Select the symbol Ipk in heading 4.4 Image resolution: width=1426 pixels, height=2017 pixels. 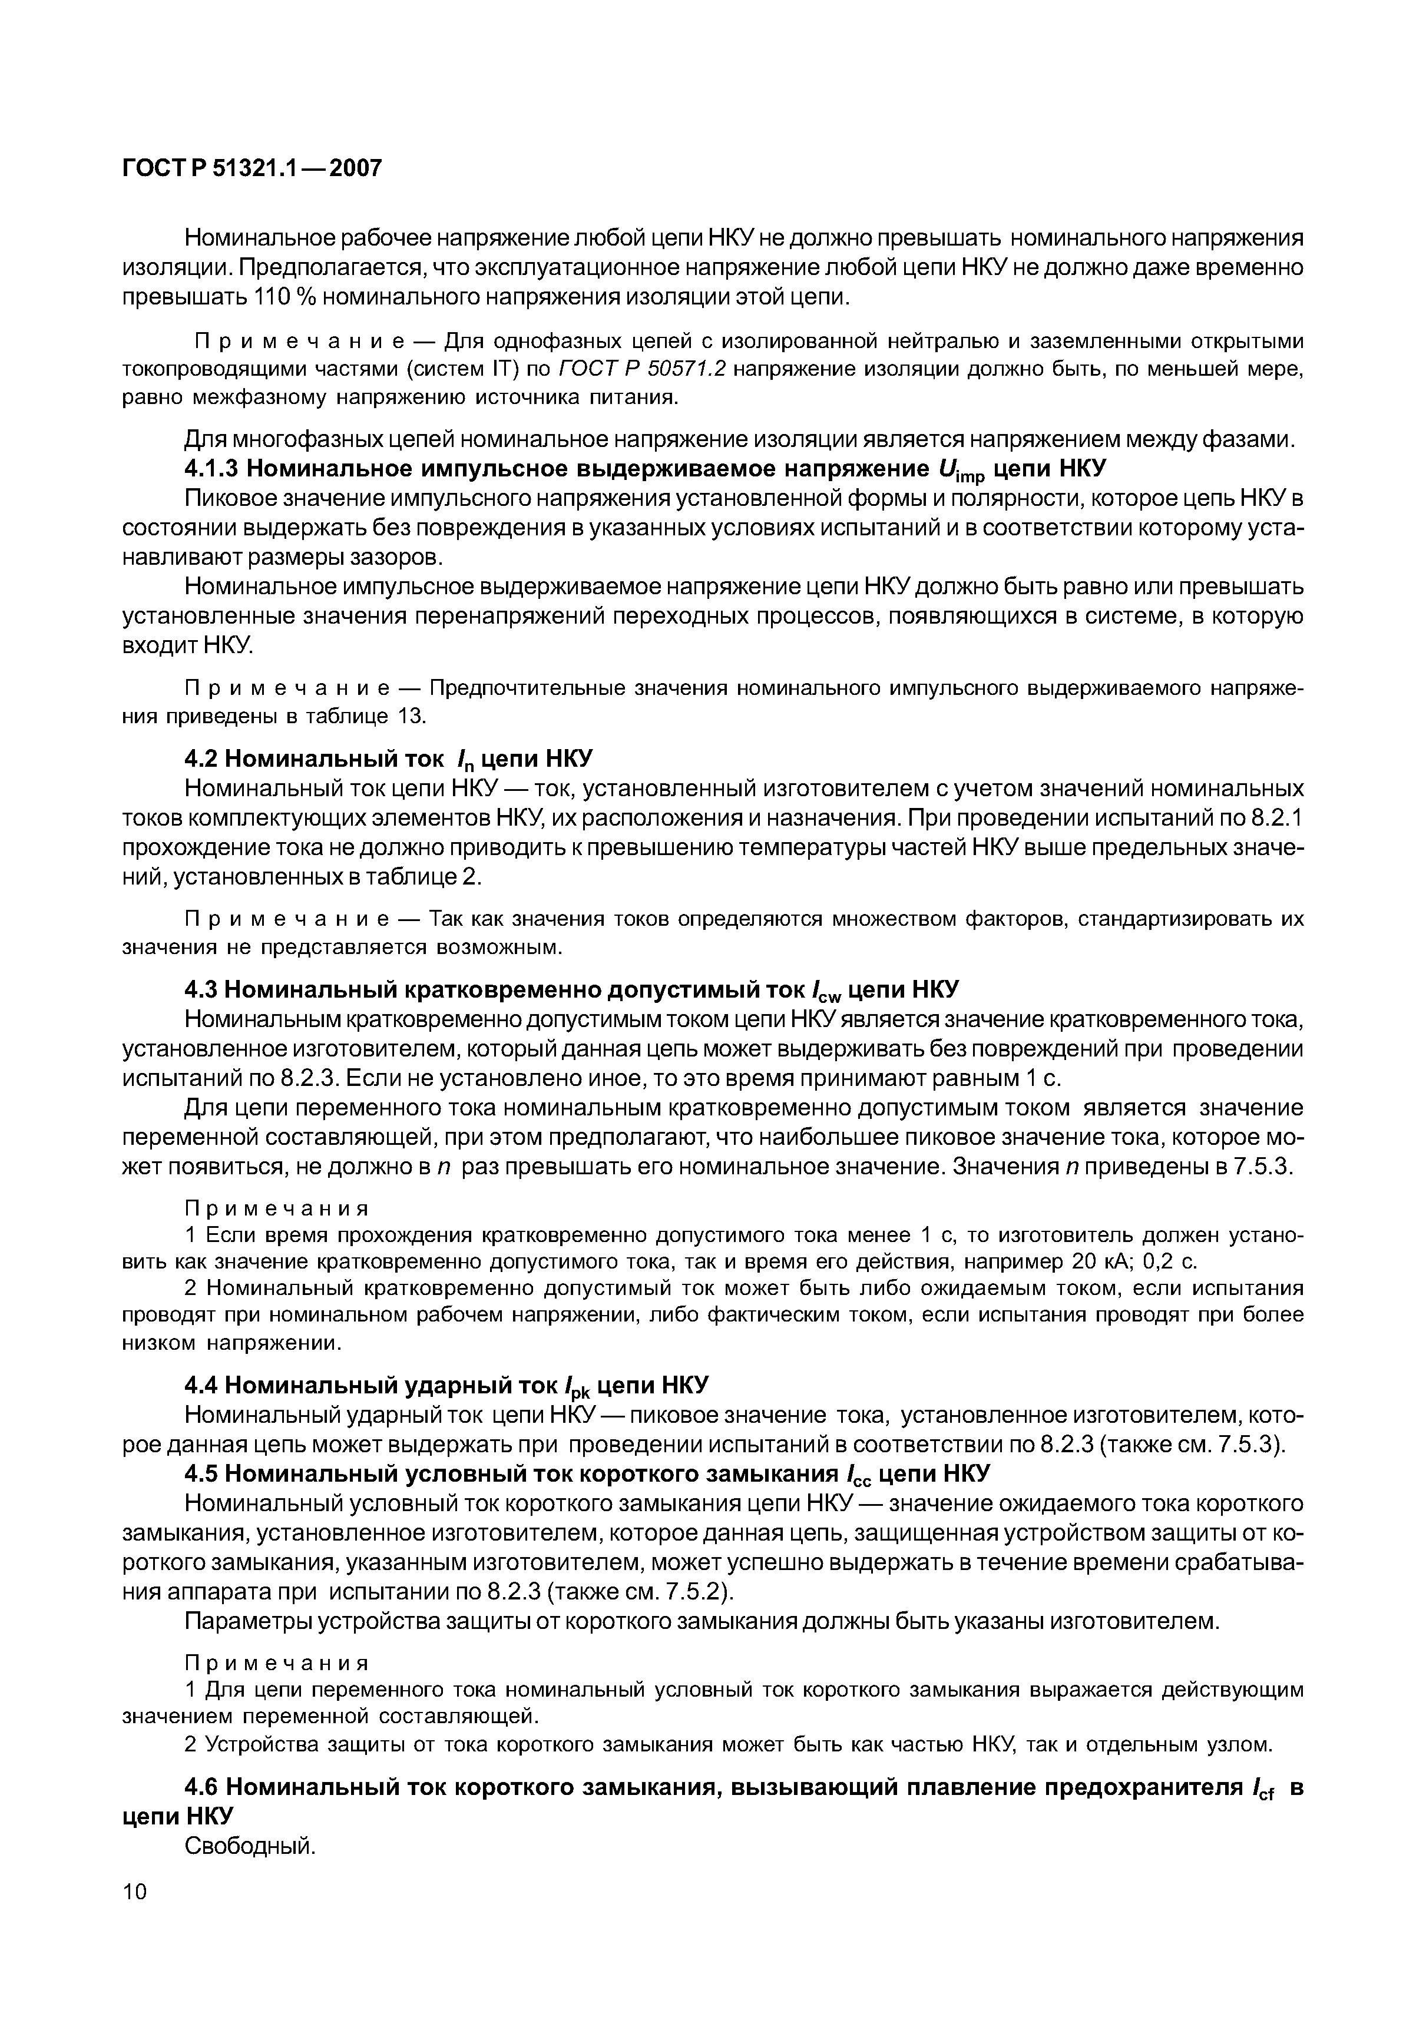(577, 1388)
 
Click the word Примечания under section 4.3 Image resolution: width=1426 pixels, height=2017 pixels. (276, 1210)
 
